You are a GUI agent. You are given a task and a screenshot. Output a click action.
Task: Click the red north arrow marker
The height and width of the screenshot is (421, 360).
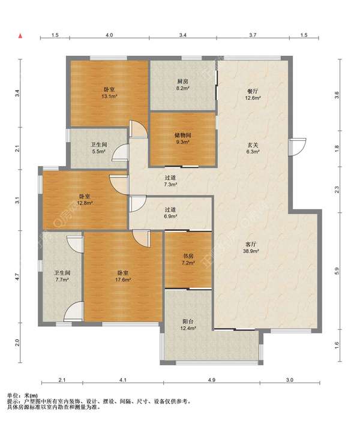point(20,36)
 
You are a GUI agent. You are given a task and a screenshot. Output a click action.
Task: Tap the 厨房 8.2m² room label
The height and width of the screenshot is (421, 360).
point(182,85)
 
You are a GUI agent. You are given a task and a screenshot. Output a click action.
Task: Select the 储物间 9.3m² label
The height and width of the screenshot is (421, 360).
point(182,139)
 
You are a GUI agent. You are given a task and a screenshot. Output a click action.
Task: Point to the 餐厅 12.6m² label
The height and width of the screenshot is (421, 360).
point(253,95)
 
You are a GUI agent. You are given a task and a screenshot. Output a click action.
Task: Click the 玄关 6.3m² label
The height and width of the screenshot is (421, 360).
point(253,148)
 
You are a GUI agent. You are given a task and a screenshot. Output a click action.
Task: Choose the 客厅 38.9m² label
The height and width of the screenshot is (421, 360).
point(251,248)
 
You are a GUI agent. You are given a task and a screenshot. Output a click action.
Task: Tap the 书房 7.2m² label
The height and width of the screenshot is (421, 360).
point(188,259)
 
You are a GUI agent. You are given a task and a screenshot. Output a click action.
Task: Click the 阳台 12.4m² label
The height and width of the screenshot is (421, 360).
point(188,324)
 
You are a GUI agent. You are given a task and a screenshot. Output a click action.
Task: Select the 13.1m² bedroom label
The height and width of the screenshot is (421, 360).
point(109,92)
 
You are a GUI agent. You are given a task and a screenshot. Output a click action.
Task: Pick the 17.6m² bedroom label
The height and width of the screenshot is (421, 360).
point(123,276)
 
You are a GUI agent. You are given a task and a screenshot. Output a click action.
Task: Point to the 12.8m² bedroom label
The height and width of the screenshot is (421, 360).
point(85,200)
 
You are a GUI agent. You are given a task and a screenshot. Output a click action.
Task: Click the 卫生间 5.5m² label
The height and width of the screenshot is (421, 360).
point(99,148)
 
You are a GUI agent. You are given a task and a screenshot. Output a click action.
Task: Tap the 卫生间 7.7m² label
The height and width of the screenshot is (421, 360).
point(62,276)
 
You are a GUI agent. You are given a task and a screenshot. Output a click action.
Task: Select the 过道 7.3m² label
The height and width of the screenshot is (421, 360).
point(170,181)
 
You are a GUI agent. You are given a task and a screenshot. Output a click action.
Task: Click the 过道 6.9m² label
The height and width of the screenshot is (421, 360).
point(170,213)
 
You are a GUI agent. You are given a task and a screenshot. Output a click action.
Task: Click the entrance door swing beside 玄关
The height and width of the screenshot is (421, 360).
point(298,147)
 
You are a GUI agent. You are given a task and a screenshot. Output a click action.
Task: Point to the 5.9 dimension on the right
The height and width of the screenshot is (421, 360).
point(337,271)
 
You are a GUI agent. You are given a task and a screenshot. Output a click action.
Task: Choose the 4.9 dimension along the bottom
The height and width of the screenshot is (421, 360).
point(212,380)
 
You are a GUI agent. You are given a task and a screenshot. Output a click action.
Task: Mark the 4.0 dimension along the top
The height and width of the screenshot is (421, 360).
point(109,35)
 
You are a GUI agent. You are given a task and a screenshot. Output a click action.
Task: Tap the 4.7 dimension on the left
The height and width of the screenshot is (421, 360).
point(17,276)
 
